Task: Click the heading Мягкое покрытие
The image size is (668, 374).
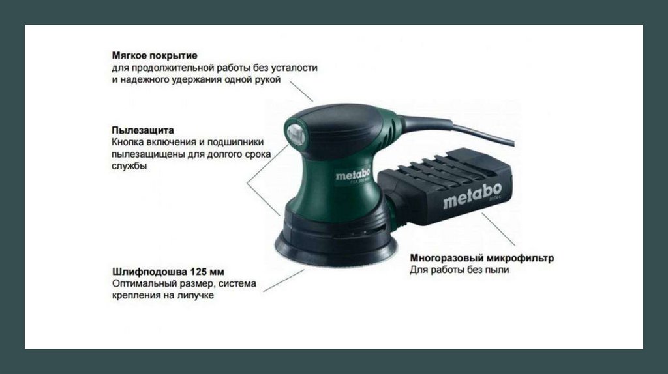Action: (x=155, y=55)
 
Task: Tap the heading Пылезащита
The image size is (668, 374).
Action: (x=143, y=130)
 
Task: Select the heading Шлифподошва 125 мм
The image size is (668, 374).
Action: (x=168, y=272)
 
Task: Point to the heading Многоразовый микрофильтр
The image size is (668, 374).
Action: (x=482, y=258)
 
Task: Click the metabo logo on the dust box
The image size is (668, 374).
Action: (x=472, y=196)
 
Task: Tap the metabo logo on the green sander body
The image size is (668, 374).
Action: (x=352, y=175)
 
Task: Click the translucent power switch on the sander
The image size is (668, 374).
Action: (x=296, y=134)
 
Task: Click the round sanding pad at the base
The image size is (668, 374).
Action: (x=336, y=251)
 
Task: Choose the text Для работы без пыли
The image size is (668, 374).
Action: (x=459, y=270)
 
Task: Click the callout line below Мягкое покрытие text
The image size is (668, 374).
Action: (x=301, y=92)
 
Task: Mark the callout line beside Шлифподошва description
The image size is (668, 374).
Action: (x=284, y=280)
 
